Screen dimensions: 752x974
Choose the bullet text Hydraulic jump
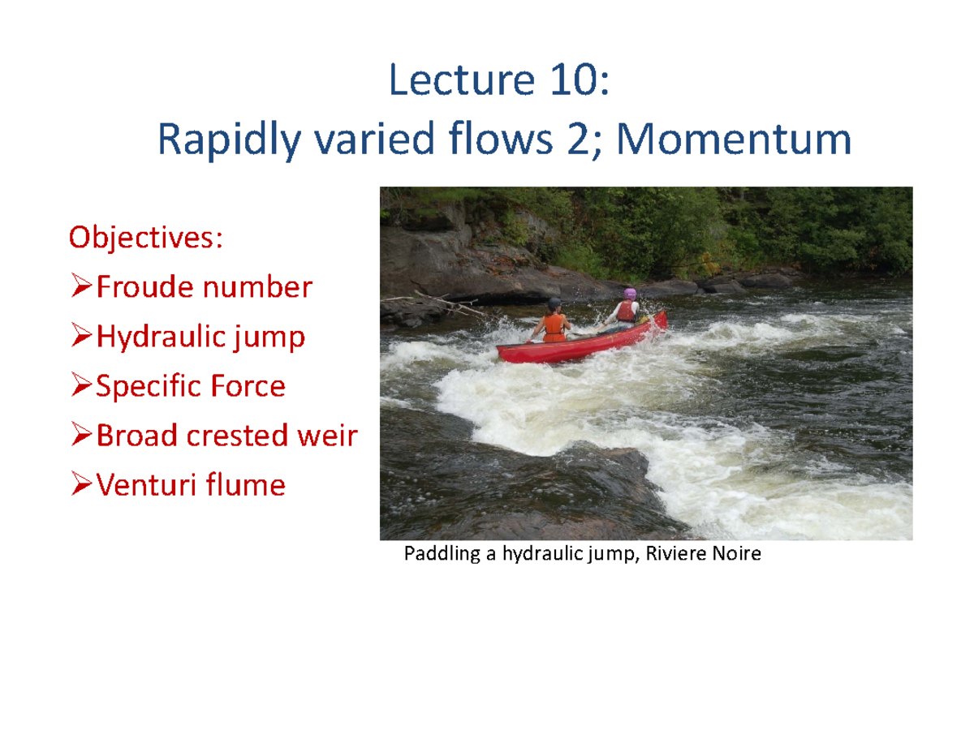[200, 337]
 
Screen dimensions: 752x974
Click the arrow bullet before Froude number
[82, 287]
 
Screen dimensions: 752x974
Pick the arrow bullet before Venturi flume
[82, 485]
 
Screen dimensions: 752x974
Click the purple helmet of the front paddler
[629, 293]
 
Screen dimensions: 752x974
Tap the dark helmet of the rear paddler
[554, 303]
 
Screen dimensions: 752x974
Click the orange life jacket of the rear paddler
[554, 327]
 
